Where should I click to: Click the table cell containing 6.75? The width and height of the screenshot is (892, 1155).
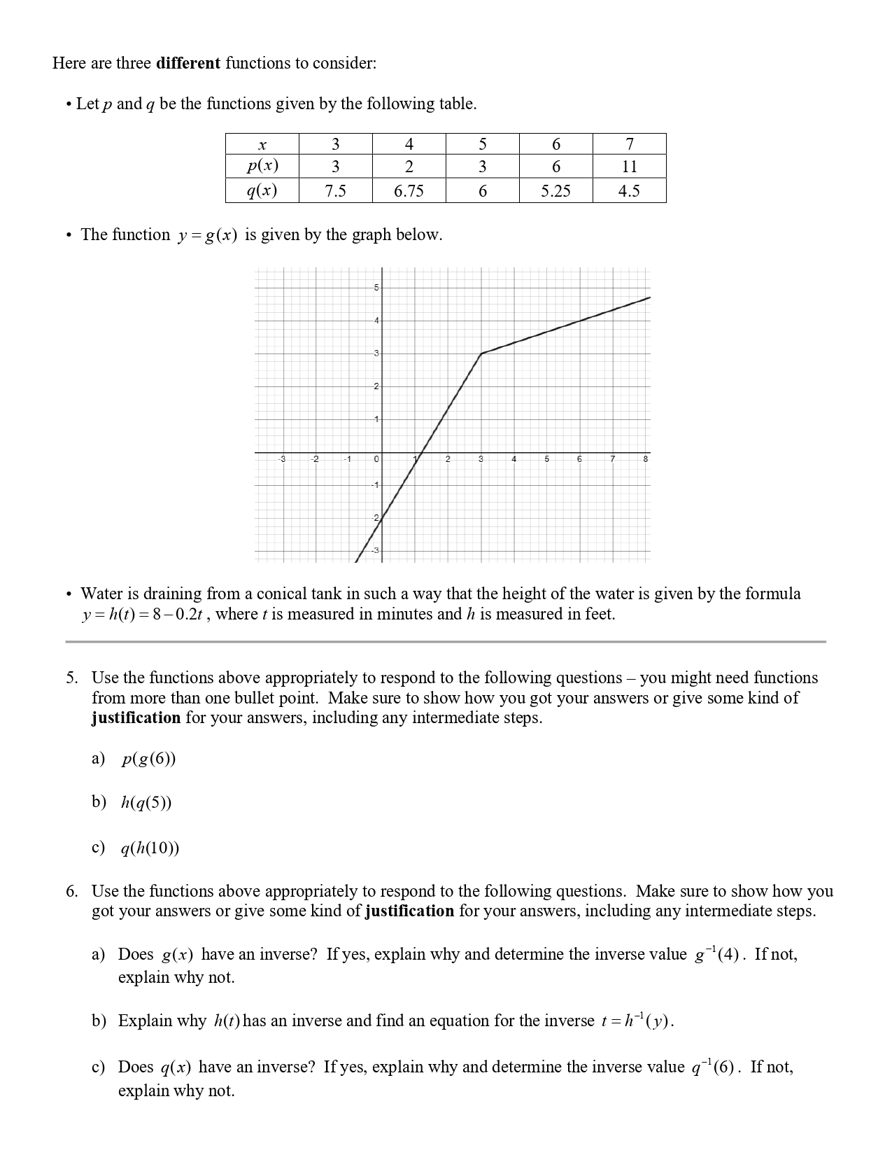(x=409, y=191)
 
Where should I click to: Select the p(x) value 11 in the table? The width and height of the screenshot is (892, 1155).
(x=629, y=167)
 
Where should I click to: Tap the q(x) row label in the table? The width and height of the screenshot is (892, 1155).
(x=262, y=191)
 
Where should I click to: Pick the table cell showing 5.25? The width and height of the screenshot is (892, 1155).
(x=555, y=191)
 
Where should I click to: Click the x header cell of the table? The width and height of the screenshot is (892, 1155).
(x=262, y=145)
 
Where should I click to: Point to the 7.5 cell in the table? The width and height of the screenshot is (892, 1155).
(x=335, y=191)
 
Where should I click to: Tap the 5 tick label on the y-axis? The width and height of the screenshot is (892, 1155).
(x=376, y=288)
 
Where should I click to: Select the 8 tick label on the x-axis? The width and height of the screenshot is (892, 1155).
(x=645, y=459)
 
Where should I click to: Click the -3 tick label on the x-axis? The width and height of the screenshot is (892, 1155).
(x=282, y=459)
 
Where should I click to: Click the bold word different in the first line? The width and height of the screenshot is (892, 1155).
(x=188, y=63)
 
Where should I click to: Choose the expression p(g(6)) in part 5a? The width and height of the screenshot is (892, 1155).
(x=148, y=759)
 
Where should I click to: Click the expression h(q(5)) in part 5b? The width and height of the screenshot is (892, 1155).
(x=146, y=802)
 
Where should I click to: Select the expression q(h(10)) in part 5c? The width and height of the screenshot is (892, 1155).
(x=150, y=848)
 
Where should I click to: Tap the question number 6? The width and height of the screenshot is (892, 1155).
(x=71, y=891)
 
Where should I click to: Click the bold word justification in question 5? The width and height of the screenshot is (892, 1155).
(x=136, y=718)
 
